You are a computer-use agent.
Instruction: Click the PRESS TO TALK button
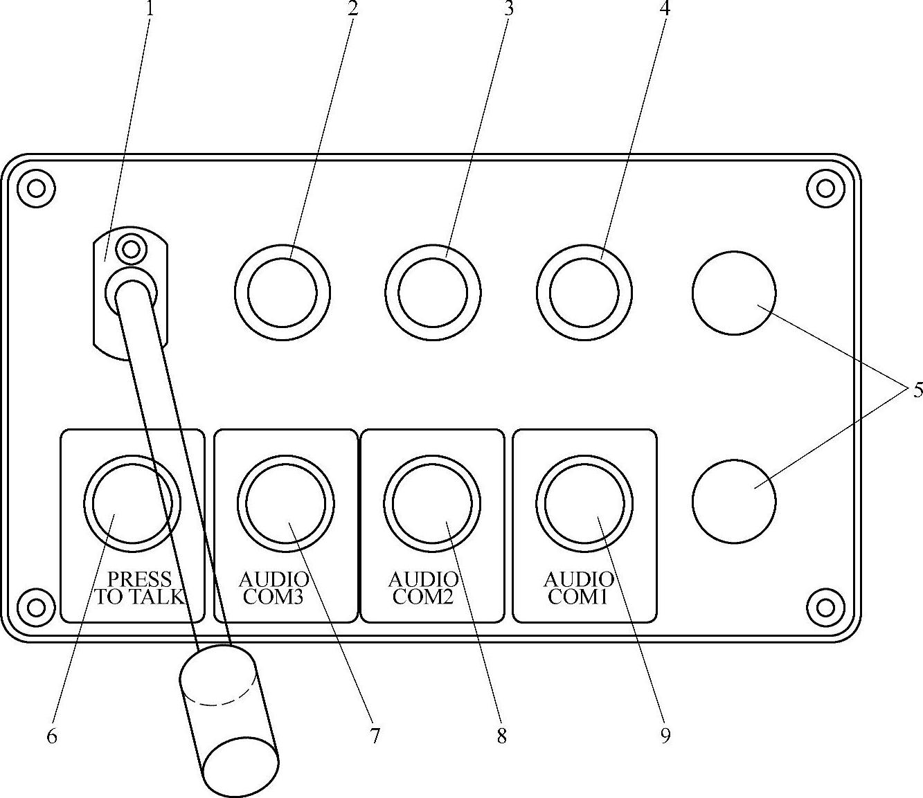(x=132, y=503)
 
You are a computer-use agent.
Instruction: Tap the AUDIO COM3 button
(x=285, y=503)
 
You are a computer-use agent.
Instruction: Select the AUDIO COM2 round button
(x=432, y=503)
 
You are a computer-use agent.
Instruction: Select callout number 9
(x=665, y=735)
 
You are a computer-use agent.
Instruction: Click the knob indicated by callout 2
(x=282, y=292)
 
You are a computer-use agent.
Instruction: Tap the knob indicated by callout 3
(x=433, y=292)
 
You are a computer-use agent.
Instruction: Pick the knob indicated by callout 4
(x=584, y=292)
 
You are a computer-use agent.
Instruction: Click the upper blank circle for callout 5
(x=734, y=293)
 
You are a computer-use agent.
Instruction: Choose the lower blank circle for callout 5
(x=734, y=502)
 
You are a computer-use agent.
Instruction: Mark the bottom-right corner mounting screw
(x=826, y=607)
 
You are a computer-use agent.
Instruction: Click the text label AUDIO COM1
(x=578, y=588)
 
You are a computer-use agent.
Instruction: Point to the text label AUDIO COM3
(x=274, y=588)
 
